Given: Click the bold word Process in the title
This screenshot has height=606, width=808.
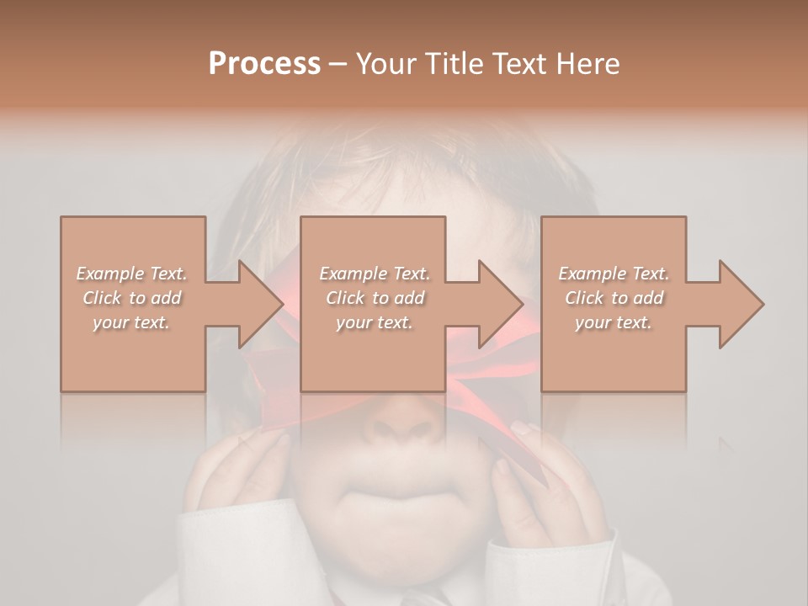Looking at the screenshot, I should (264, 64).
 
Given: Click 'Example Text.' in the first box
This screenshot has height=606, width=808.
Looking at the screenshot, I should (132, 274).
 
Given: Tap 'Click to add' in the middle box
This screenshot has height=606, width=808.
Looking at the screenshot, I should (375, 298).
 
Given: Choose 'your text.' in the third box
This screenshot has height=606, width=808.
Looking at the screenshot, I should (614, 322).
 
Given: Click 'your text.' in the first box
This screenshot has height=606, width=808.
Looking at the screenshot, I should (132, 322).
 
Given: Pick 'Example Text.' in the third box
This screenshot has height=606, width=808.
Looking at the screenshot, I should (614, 274).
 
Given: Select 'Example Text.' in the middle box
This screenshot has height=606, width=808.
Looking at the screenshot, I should (375, 274).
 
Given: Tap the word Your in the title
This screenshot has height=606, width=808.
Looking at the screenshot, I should (385, 64).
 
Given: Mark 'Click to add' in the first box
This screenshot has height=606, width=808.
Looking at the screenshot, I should (132, 298).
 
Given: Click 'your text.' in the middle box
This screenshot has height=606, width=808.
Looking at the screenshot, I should (375, 322).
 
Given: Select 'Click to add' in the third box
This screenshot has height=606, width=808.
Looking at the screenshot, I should (614, 298).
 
